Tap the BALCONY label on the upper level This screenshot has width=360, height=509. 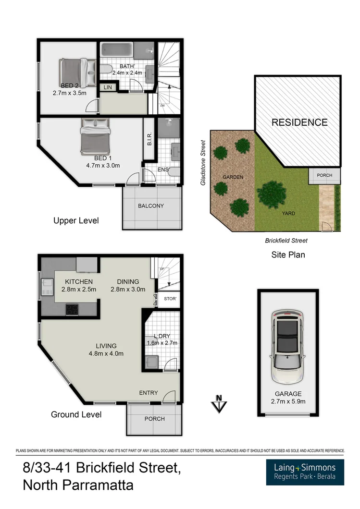(x=151, y=206)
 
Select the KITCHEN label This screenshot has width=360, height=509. (x=79, y=281)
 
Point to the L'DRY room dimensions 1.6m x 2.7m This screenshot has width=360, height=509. (x=162, y=343)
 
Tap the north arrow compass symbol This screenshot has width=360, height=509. (x=219, y=403)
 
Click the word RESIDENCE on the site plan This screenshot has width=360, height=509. (x=299, y=122)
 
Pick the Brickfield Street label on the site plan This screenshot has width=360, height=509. (x=286, y=241)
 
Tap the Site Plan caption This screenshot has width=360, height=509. (x=288, y=254)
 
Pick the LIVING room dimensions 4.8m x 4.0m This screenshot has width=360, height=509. (x=106, y=354)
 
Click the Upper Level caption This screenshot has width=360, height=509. (x=76, y=221)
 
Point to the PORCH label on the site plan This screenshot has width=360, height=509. (x=324, y=175)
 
